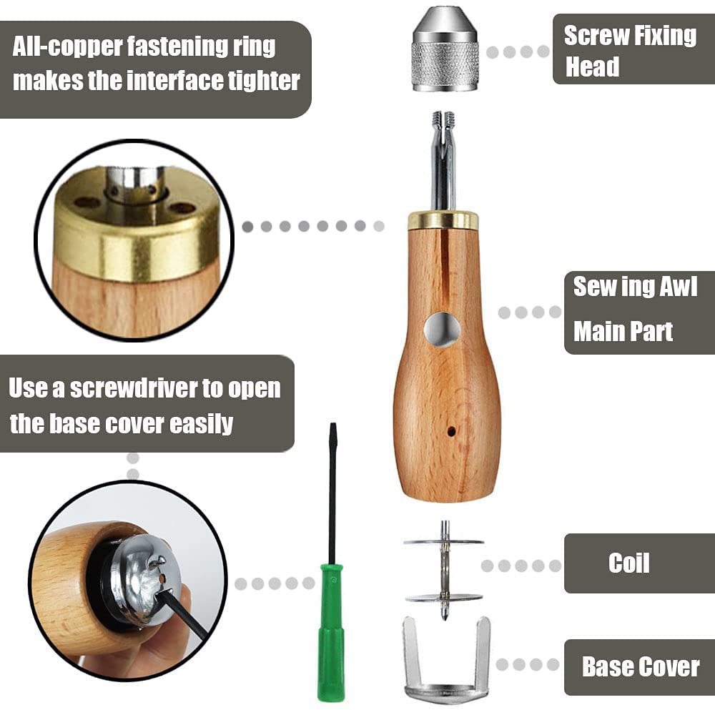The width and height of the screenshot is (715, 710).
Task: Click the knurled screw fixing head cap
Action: (x=445, y=50)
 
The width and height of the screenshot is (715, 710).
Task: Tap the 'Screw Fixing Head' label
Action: (x=629, y=51)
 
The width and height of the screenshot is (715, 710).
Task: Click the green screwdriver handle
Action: (x=330, y=629)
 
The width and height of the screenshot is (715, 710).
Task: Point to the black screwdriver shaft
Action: (x=332, y=493)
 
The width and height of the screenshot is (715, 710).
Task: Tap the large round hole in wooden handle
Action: (x=442, y=330)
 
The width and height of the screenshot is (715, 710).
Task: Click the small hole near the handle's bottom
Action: (x=450, y=431)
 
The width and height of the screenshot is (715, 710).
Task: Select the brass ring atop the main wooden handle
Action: (x=443, y=220)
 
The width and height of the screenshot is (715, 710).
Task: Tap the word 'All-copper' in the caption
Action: (x=69, y=47)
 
